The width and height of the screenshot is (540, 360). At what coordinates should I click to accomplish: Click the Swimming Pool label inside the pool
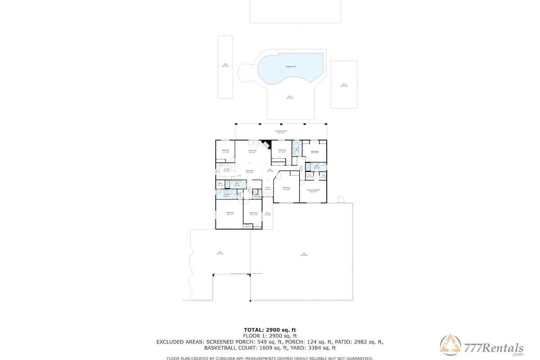point(290,67)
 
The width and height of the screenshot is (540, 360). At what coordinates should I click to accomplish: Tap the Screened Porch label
point(282,132)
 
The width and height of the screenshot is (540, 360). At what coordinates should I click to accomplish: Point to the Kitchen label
point(227,170)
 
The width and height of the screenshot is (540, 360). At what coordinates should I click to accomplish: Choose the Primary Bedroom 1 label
point(313,191)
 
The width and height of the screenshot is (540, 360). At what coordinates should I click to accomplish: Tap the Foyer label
point(268,189)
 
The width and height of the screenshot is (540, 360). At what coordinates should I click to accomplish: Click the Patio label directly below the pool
point(290,97)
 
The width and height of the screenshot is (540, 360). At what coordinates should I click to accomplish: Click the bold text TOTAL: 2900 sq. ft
point(270,330)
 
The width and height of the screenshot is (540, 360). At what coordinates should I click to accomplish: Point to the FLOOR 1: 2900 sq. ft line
point(270,336)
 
